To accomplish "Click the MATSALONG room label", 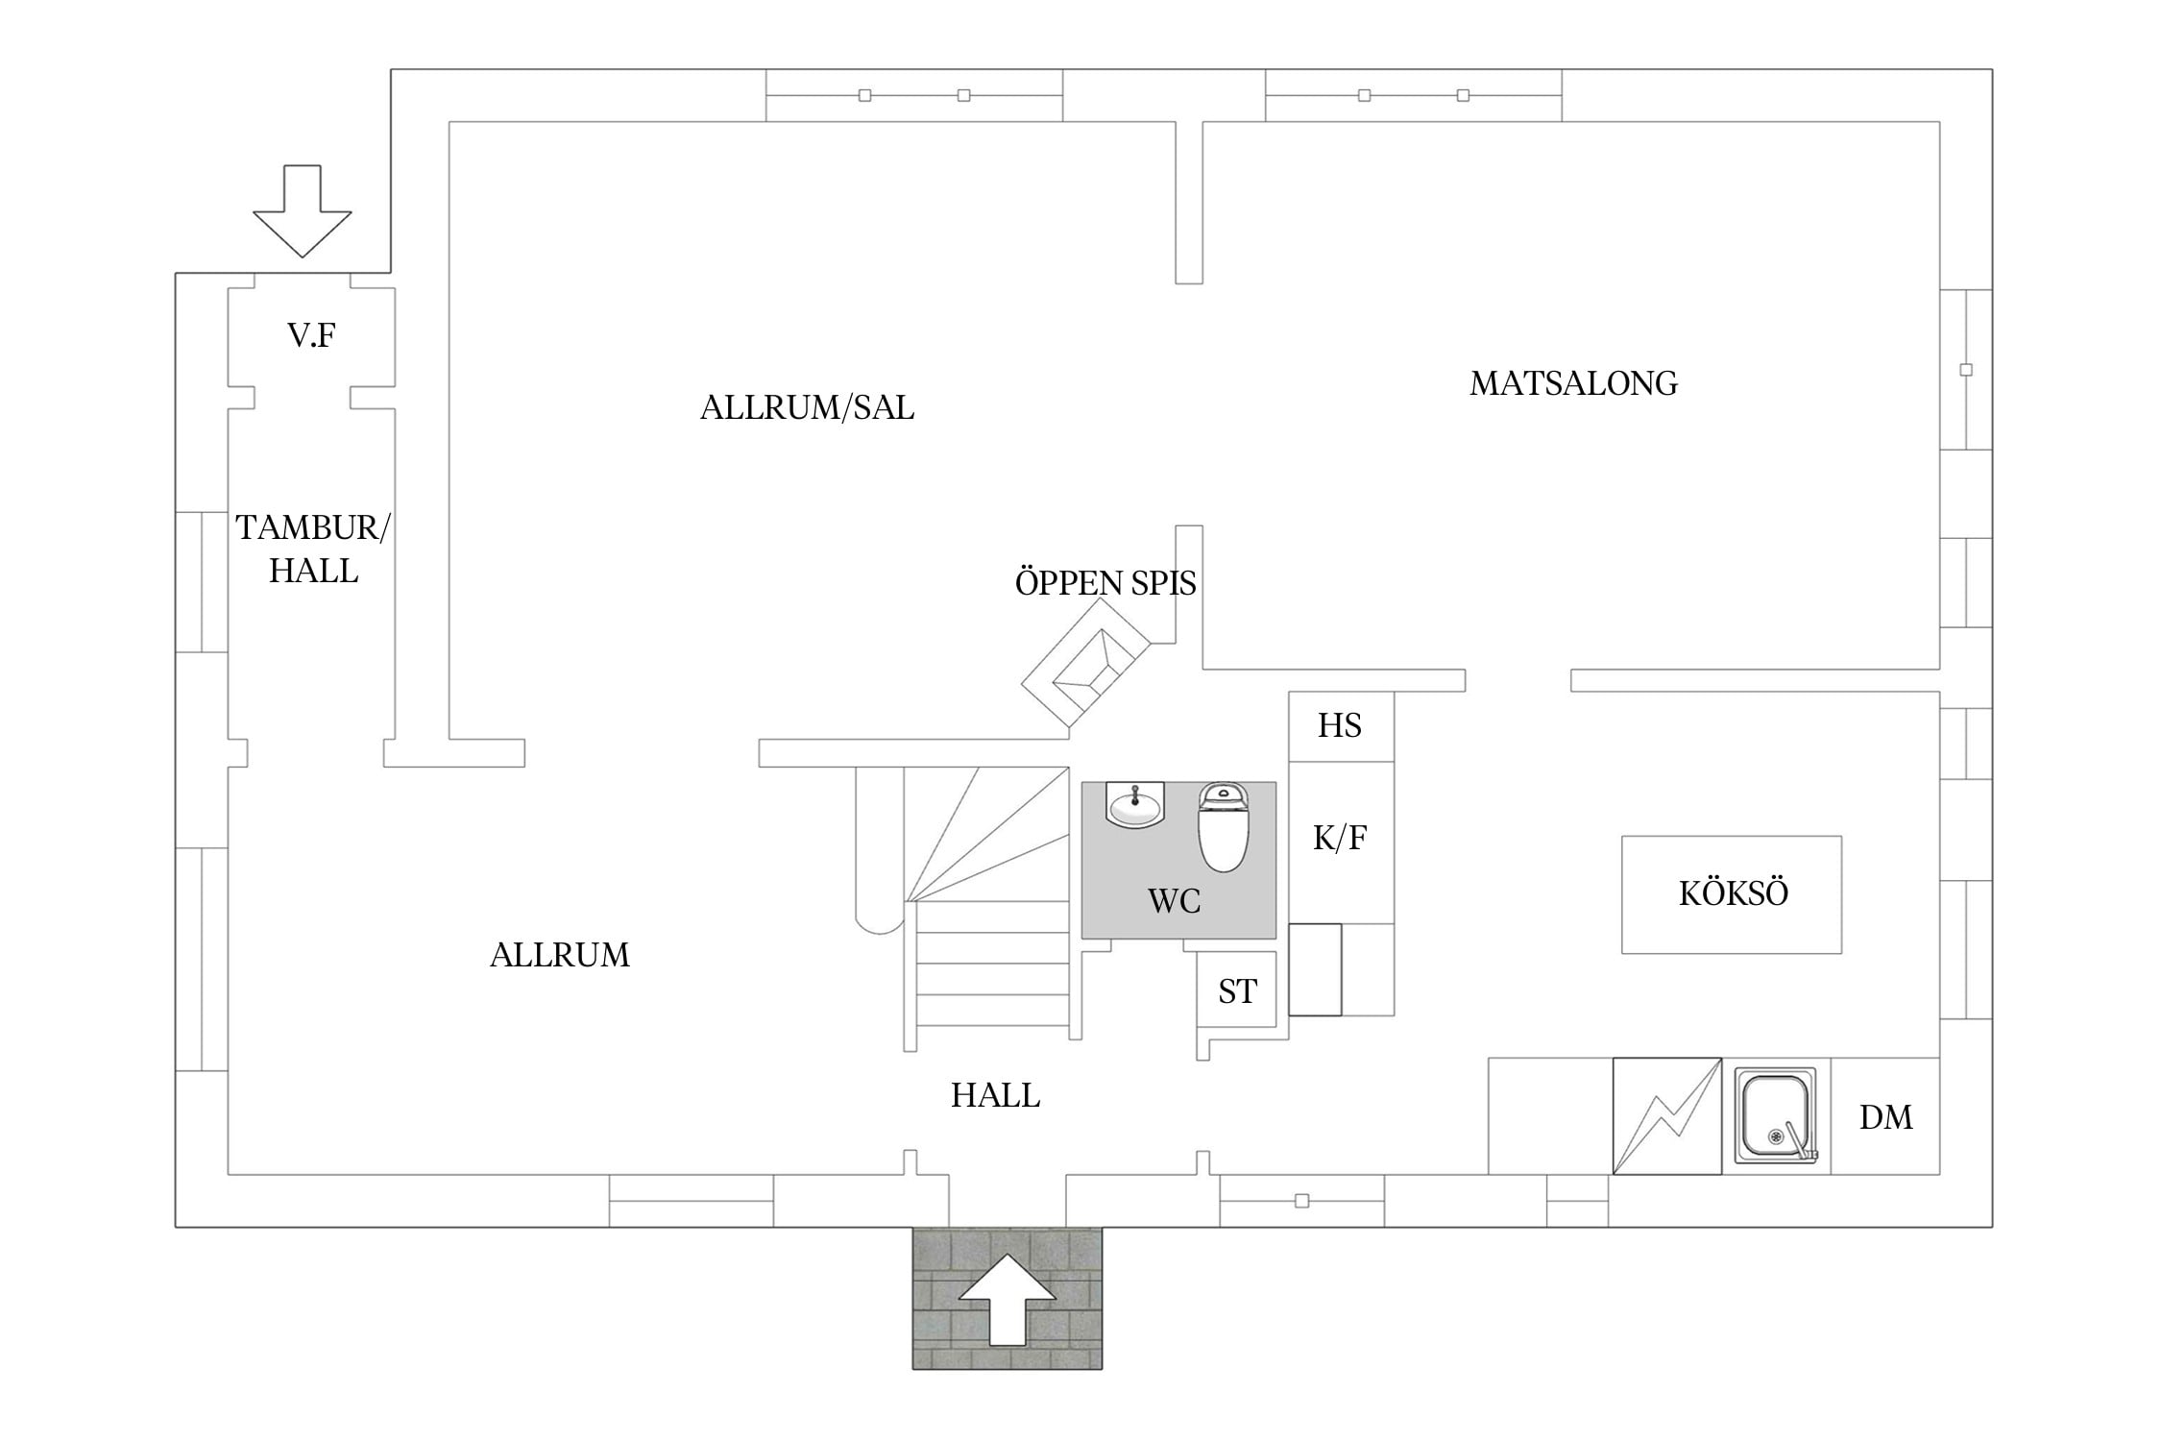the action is pyautogui.click(x=1573, y=383).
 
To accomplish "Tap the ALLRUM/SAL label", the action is pyautogui.click(x=807, y=407).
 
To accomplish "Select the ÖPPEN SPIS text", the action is pyautogui.click(x=1105, y=582).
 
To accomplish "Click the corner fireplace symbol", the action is pyautogui.click(x=1085, y=664).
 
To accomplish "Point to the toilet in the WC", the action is pyautogui.click(x=1223, y=826).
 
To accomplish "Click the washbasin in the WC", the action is pyautogui.click(x=1135, y=804).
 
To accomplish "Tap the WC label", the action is pyautogui.click(x=1174, y=901).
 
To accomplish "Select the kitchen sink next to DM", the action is pyautogui.click(x=1776, y=1115).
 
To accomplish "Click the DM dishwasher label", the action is pyautogui.click(x=1885, y=1117).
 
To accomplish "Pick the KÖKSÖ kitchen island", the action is pyautogui.click(x=1732, y=894).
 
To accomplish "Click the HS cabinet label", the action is pyautogui.click(x=1339, y=725).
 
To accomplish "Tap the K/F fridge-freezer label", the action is pyautogui.click(x=1339, y=838).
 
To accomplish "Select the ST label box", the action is pyautogui.click(x=1237, y=990).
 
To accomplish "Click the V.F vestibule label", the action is pyautogui.click(x=311, y=335).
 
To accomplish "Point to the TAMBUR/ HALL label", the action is pyautogui.click(x=312, y=549).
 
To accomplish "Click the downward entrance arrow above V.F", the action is pyautogui.click(x=303, y=211).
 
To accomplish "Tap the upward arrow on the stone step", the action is pyautogui.click(x=1008, y=1299).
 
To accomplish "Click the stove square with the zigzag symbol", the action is pyautogui.click(x=1666, y=1115).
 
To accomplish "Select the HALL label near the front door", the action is pyautogui.click(x=995, y=1095).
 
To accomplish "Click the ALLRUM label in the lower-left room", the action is pyautogui.click(x=560, y=955).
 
